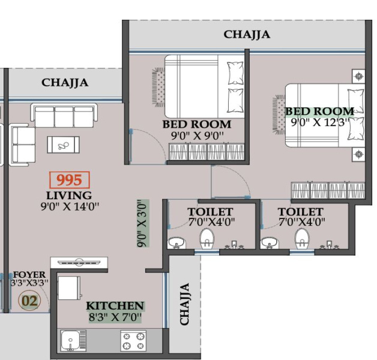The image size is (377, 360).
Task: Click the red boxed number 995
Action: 69,180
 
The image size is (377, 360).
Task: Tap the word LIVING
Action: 69,196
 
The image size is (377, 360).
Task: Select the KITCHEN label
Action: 115,306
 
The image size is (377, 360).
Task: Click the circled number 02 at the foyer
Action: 29,300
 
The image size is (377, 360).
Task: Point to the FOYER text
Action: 29,274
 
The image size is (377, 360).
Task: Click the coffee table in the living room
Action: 63,144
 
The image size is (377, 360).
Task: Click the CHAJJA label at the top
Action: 247,35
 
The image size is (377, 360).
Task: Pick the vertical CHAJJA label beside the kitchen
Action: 185,304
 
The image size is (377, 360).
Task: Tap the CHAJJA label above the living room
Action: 65,83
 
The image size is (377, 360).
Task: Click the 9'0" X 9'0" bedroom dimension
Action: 197,136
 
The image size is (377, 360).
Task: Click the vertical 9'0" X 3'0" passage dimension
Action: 142,224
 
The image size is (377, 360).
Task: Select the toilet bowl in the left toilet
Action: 207,239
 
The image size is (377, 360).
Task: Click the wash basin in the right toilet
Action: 270,241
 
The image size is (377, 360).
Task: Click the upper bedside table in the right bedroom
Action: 359,77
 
